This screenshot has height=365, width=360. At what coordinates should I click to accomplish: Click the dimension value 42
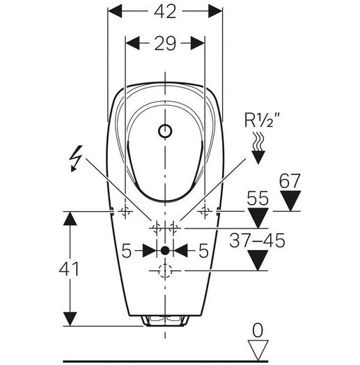pyautogui.click(x=165, y=12)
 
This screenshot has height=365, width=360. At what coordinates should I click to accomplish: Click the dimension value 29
pyautogui.click(x=165, y=43)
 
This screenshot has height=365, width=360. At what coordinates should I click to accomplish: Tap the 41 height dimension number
pyautogui.click(x=69, y=268)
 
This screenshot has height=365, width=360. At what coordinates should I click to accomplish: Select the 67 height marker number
pyautogui.click(x=290, y=180)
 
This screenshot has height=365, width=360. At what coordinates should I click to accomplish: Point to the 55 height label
pyautogui.click(x=258, y=198)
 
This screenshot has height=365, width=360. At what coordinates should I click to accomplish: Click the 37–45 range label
pyautogui.click(x=257, y=240)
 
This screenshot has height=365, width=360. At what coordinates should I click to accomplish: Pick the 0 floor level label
pyautogui.click(x=258, y=330)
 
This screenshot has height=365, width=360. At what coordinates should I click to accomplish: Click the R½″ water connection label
pyautogui.click(x=262, y=120)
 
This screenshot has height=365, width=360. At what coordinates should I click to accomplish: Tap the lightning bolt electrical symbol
pyautogui.click(x=76, y=159)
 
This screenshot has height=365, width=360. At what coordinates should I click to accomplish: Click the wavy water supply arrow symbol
pyautogui.click(x=258, y=148)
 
